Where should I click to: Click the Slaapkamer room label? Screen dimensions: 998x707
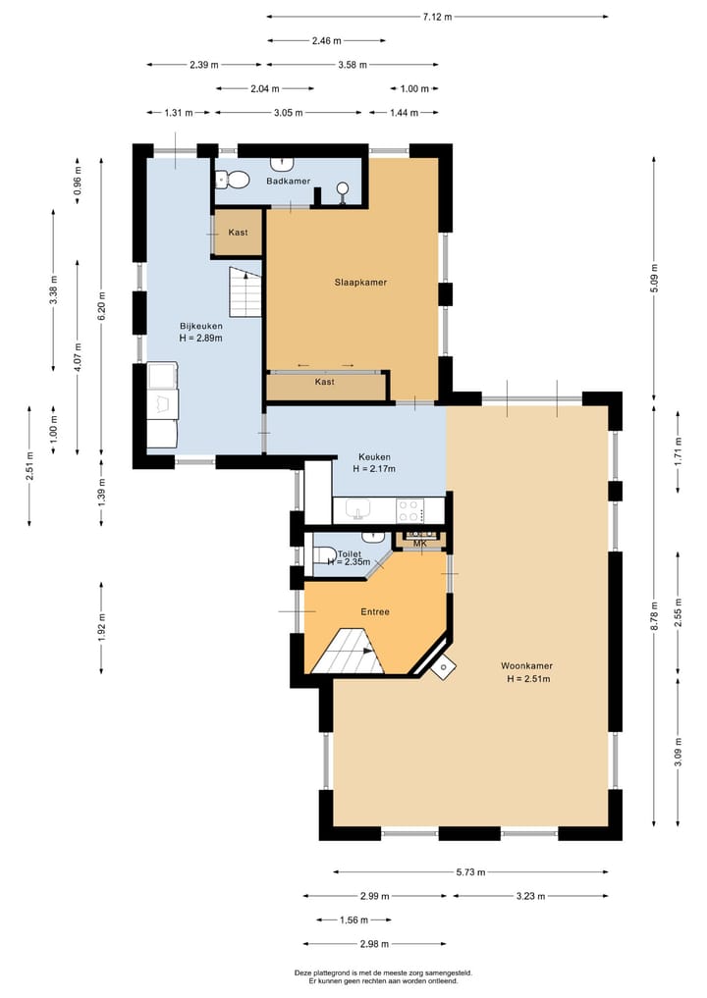pyautogui.click(x=359, y=282)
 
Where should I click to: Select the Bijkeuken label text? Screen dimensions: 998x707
pyautogui.click(x=200, y=326)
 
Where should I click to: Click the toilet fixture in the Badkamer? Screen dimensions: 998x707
pyautogui.click(x=233, y=180)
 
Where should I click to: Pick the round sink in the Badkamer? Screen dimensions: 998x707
pyautogui.click(x=343, y=188)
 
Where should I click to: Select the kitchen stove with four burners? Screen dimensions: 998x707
pyautogui.click(x=408, y=510)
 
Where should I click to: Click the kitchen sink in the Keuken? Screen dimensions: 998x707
pyautogui.click(x=359, y=510)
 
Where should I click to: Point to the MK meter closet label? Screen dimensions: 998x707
pyautogui.click(x=419, y=543)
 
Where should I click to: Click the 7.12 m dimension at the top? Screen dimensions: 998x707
pyautogui.click(x=437, y=17)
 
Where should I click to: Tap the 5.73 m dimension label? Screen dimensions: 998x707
pyautogui.click(x=470, y=871)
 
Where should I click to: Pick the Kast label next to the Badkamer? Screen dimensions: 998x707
pyautogui.click(x=238, y=233)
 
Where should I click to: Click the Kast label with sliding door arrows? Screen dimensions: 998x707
pyautogui.click(x=325, y=382)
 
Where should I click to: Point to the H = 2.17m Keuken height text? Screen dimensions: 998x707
pyautogui.click(x=374, y=469)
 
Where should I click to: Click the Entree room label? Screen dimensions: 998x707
pyautogui.click(x=375, y=611)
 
